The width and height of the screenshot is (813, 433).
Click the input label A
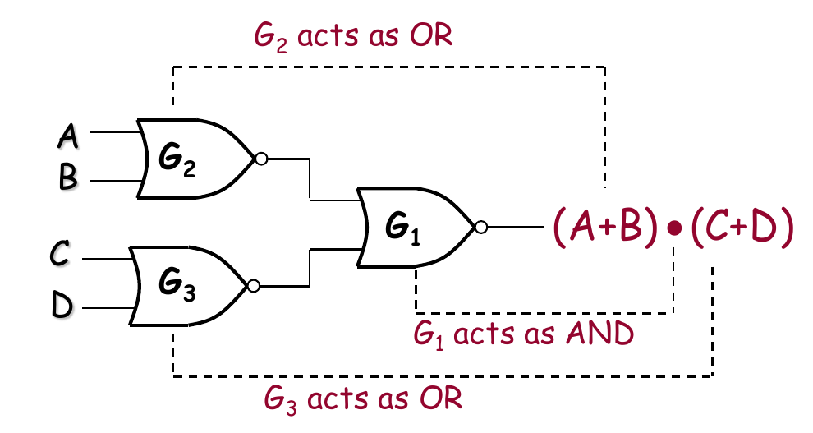tap(68, 135)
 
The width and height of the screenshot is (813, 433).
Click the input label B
tap(69, 178)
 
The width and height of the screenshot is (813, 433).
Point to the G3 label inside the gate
tap(177, 288)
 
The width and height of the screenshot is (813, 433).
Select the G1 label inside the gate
tap(402, 228)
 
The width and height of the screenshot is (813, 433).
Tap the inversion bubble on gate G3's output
tap(253, 286)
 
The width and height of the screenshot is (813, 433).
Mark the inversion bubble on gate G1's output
tap(480, 226)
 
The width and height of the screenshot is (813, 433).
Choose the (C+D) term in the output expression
tap(742, 227)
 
